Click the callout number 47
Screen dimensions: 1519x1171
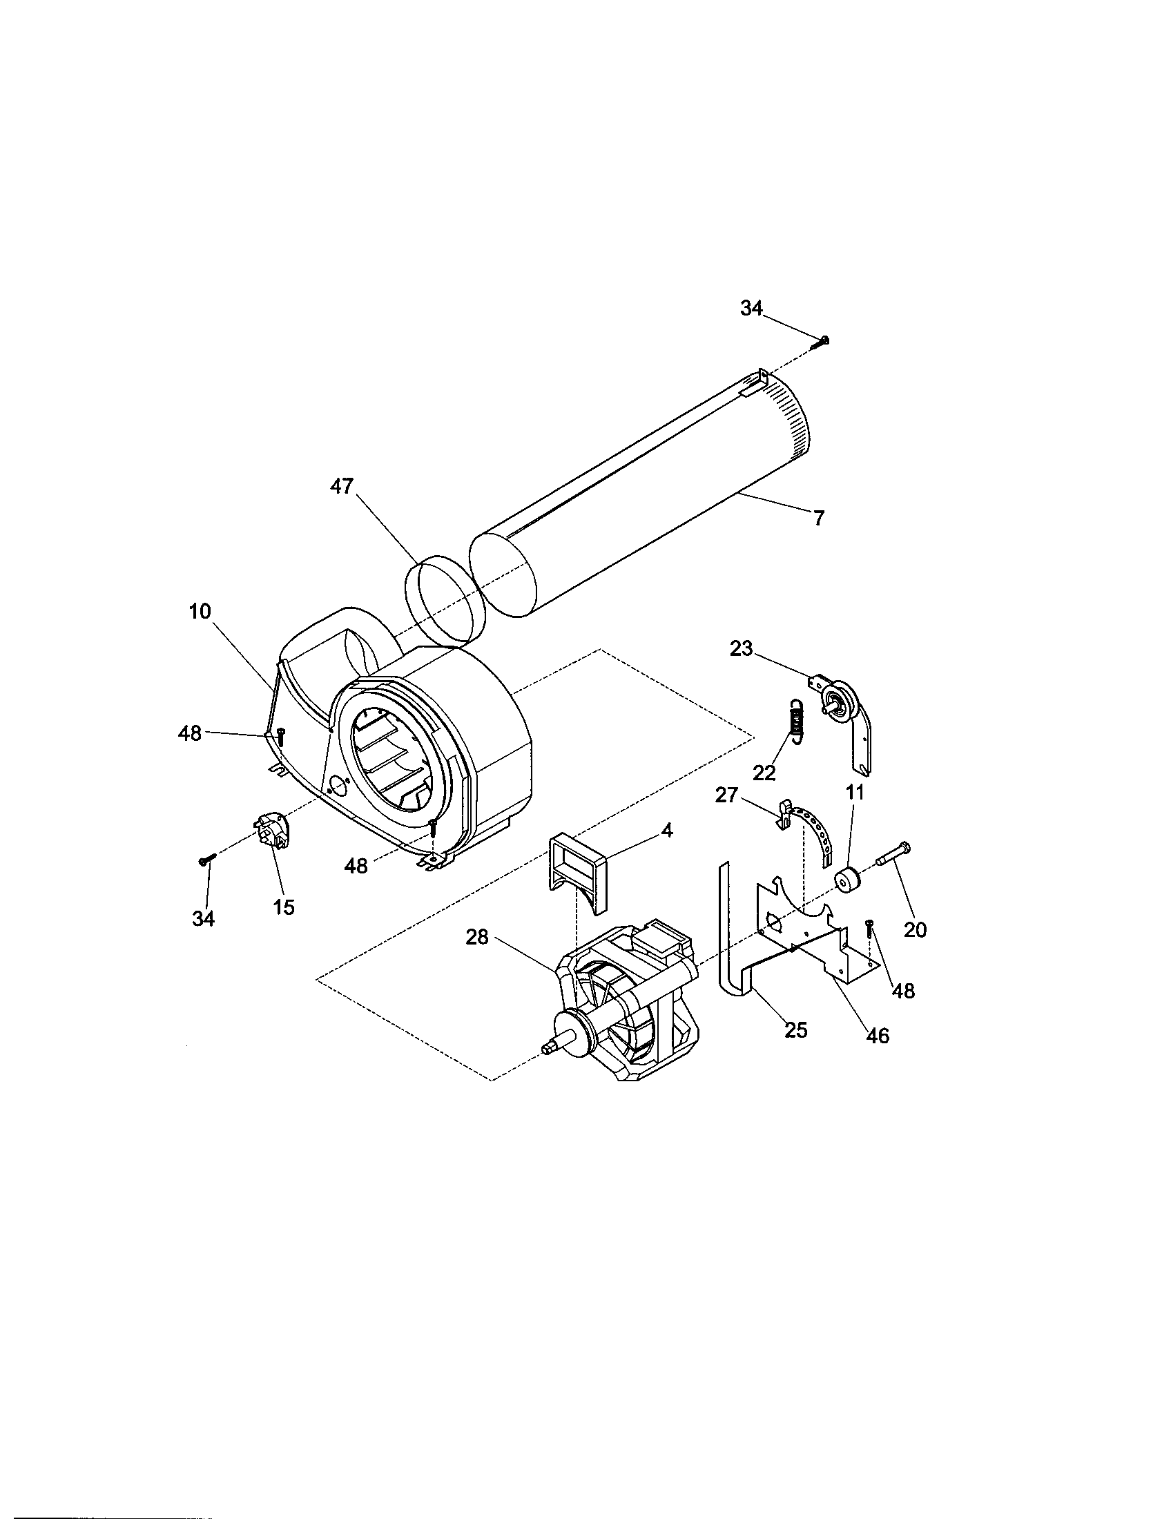tap(341, 486)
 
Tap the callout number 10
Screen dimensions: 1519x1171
tap(200, 611)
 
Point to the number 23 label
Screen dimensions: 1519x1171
tap(742, 648)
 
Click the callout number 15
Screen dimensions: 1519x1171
tap(284, 907)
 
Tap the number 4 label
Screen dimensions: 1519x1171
tap(666, 830)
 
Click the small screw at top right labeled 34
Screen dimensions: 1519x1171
tap(824, 340)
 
